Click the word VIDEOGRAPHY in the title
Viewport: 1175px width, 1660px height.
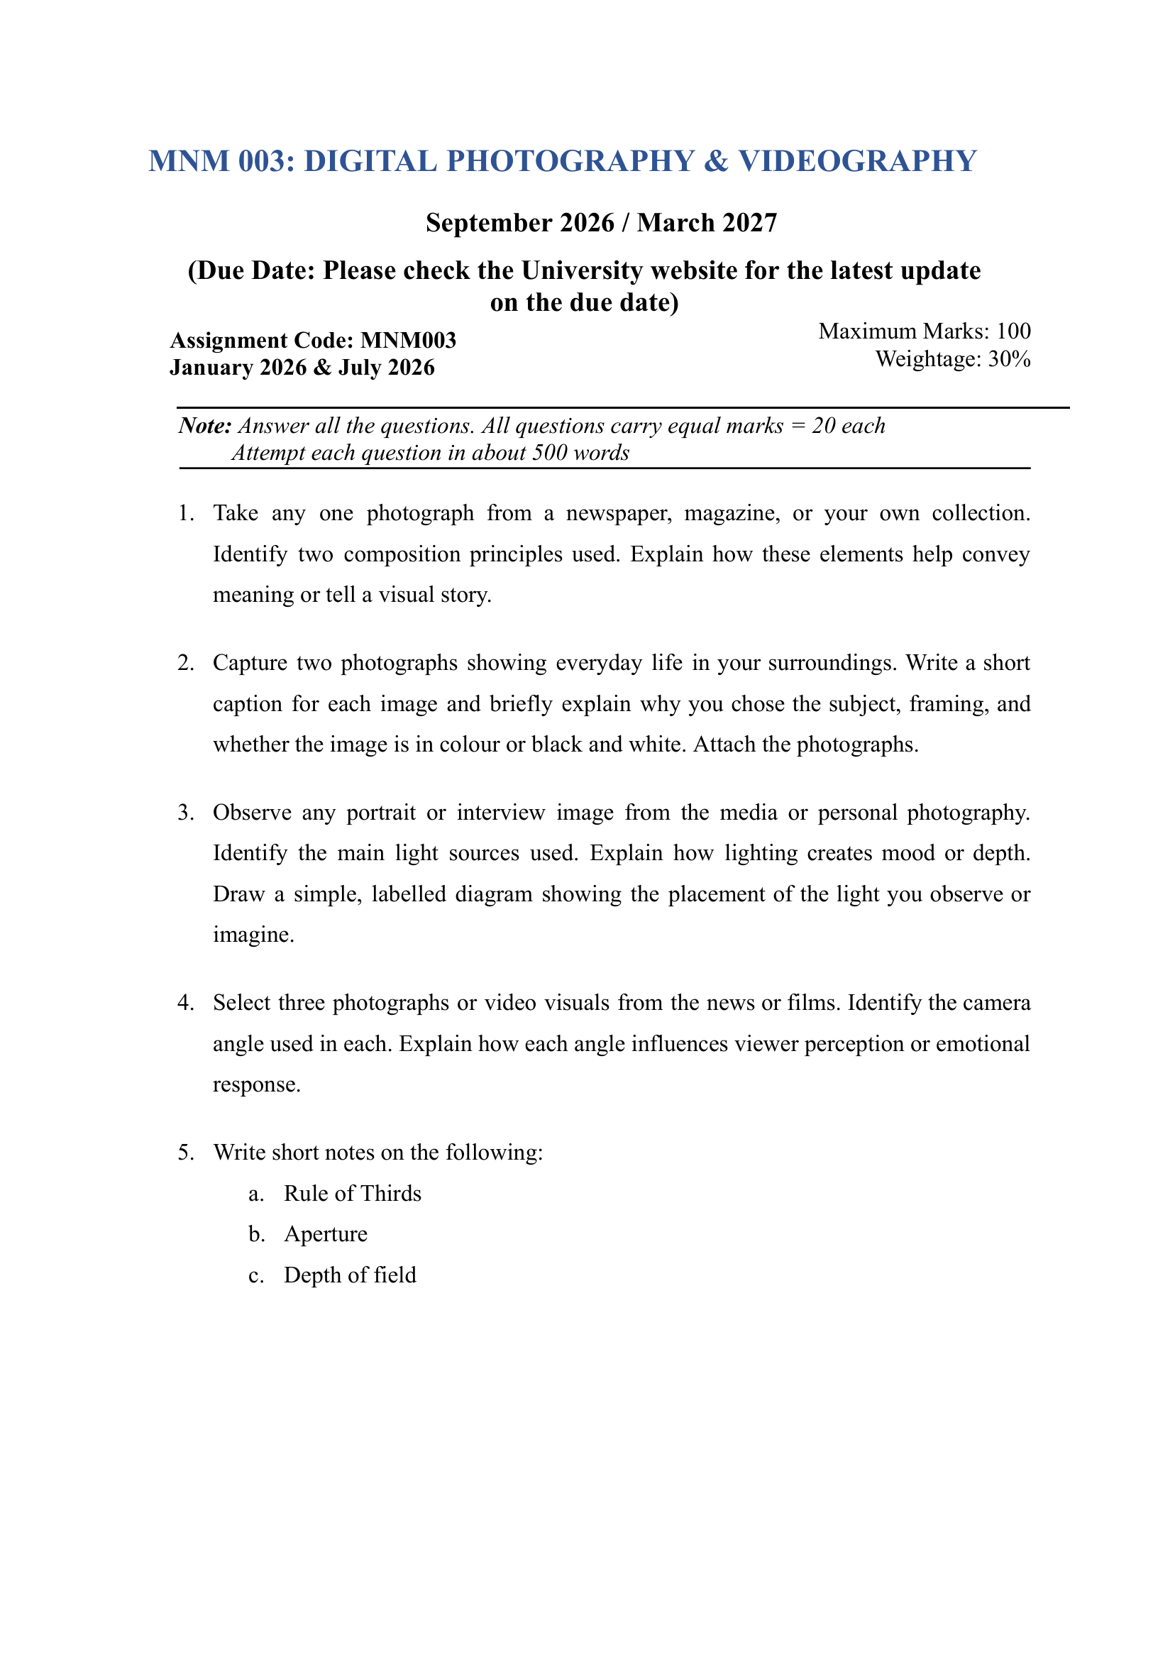[x=857, y=161]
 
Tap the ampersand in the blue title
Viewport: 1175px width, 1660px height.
[x=715, y=161]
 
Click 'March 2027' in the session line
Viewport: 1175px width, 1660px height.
[x=707, y=223]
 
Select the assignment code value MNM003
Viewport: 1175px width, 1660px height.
[x=408, y=340]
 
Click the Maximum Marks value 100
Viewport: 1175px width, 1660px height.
[x=1013, y=331]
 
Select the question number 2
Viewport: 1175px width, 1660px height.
[x=186, y=663]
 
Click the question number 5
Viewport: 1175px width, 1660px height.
[x=186, y=1153]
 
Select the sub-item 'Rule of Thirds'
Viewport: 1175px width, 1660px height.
[x=353, y=1193]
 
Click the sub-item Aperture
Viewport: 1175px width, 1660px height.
[x=326, y=1233]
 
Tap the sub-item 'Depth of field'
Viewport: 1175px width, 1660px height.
[x=351, y=1275]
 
